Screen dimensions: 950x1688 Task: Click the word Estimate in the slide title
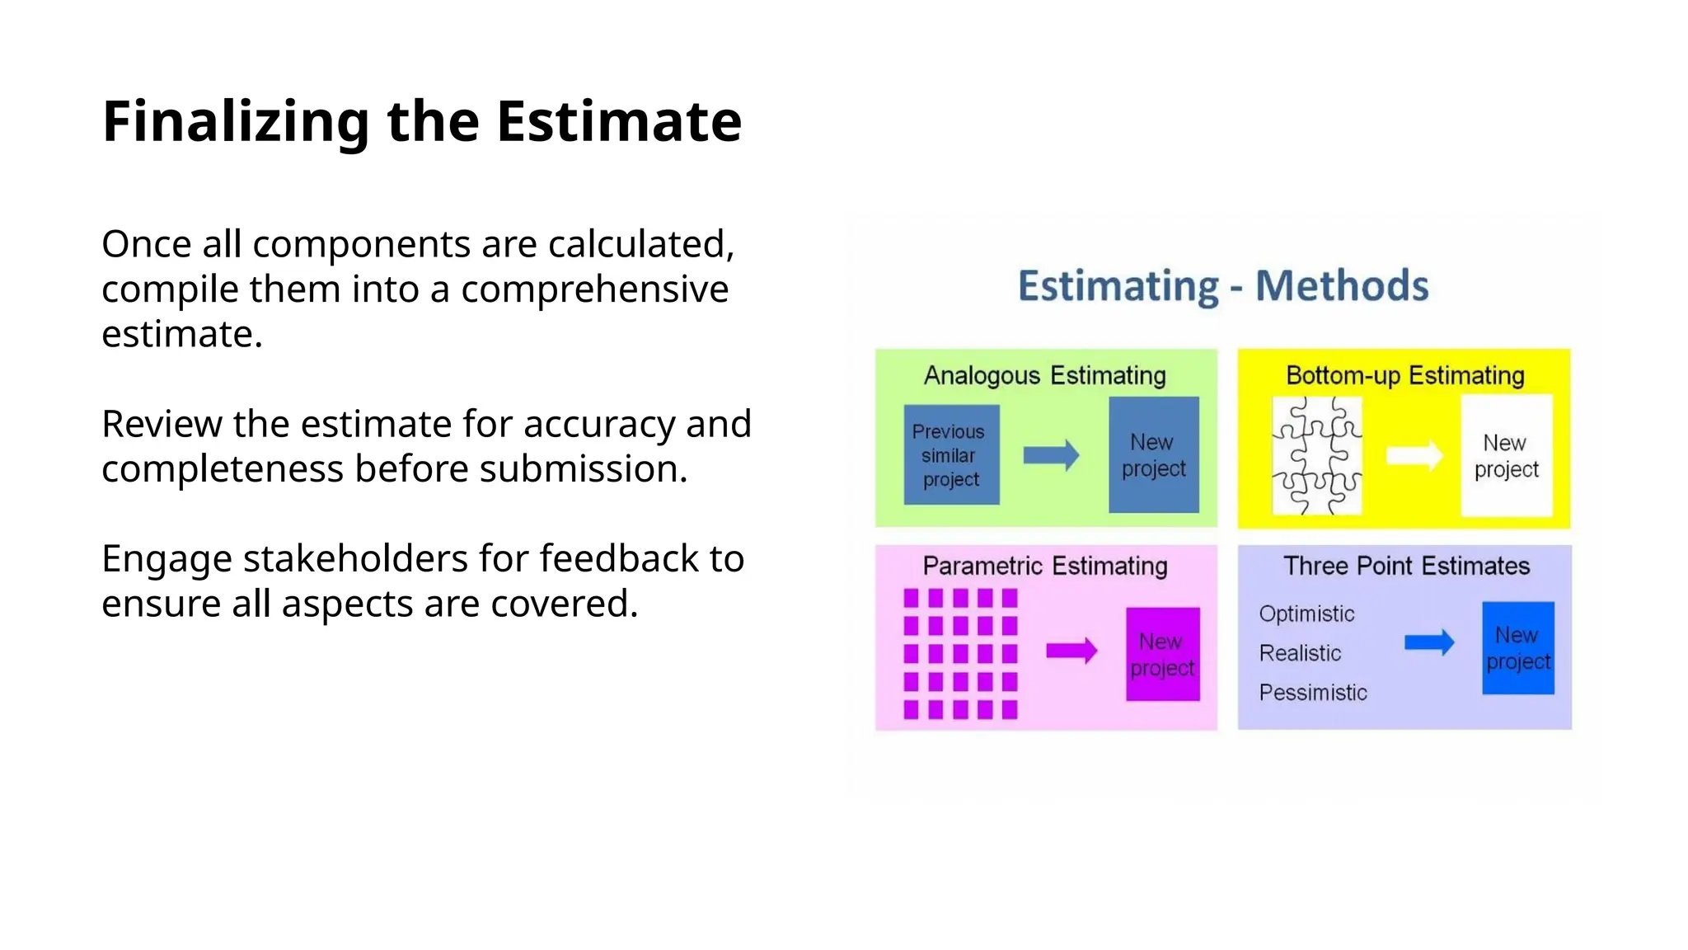pos(618,122)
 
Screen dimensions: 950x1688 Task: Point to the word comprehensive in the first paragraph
pos(594,289)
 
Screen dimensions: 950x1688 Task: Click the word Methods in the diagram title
pos(1341,286)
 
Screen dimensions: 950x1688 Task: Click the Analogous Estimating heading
pos(1044,376)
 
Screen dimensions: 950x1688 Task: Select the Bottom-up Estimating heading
pos(1404,376)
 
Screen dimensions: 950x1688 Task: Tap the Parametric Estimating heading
pos(1044,567)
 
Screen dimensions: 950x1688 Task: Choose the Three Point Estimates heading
pos(1406,567)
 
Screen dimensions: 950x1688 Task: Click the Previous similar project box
pos(951,455)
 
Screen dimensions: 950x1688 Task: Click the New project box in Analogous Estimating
pos(1153,455)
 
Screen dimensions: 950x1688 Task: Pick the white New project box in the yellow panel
pos(1506,456)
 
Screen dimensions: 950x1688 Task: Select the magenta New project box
pos(1162,655)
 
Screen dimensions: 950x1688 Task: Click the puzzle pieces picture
pos(1316,456)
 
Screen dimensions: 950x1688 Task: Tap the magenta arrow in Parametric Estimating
pos(1071,651)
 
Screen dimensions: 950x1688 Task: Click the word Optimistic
pos(1306,614)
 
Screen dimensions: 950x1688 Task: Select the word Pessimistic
pos(1312,693)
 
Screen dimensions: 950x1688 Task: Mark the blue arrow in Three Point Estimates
pos(1428,642)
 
